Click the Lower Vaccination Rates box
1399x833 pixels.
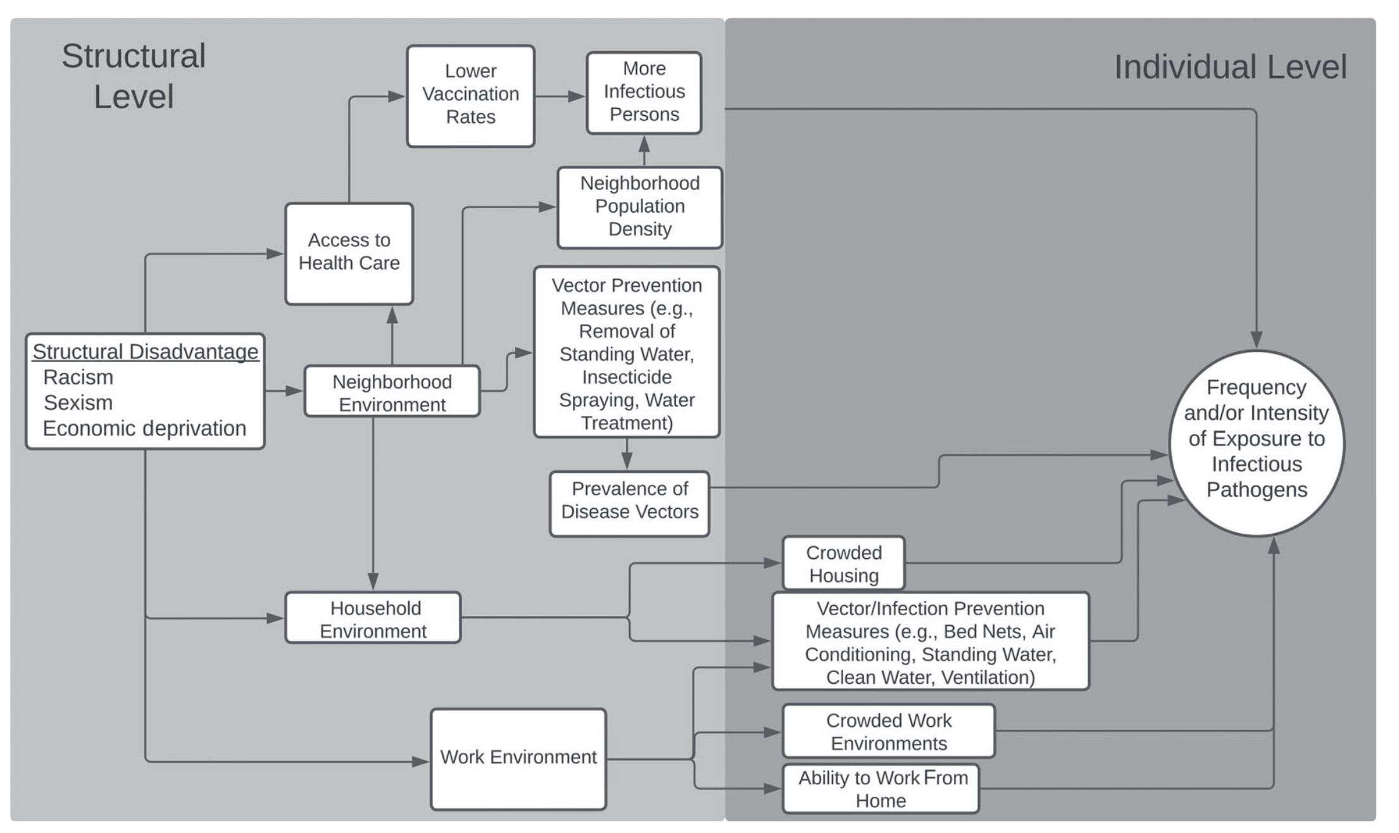click(470, 96)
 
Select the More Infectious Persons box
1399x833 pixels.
click(644, 93)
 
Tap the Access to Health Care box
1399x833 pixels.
click(349, 253)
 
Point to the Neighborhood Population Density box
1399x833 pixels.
click(639, 207)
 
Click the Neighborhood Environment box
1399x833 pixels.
click(392, 392)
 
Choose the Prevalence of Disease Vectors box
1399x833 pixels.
click(629, 503)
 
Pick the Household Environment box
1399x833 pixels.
click(373, 618)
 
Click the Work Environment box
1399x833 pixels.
click(518, 758)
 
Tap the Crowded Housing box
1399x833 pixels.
click(843, 563)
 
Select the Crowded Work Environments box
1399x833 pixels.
click(888, 731)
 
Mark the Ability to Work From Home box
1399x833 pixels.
click(881, 789)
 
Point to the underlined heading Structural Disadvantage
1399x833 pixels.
click(146, 351)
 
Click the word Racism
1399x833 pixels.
click(78, 377)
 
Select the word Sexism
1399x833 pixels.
click(78, 403)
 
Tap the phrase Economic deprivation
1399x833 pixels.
click(144, 429)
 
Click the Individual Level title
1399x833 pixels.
click(1230, 67)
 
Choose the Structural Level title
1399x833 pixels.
click(134, 76)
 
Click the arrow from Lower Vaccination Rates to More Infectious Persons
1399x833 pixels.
click(560, 97)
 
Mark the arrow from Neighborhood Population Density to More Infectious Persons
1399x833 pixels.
click(644, 151)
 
